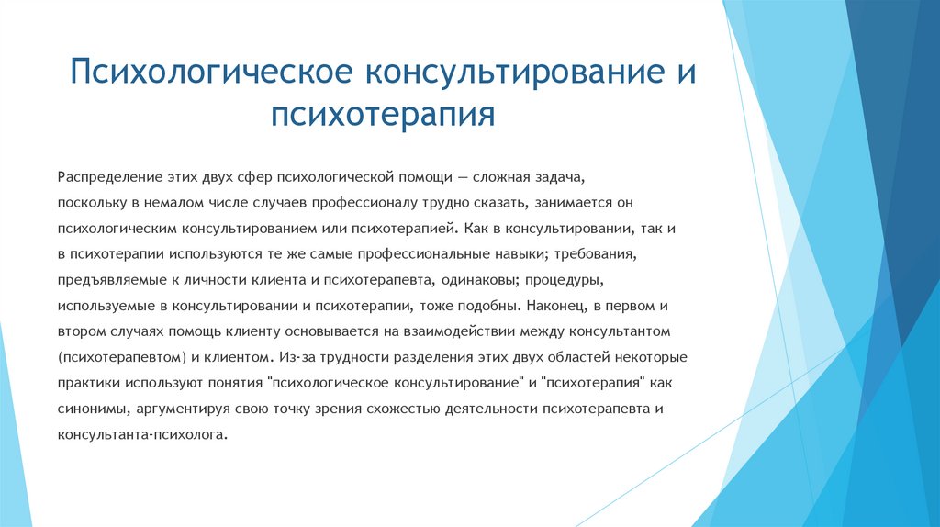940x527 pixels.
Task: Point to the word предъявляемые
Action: [x=106, y=278]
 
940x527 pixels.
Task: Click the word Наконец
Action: [x=561, y=304]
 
